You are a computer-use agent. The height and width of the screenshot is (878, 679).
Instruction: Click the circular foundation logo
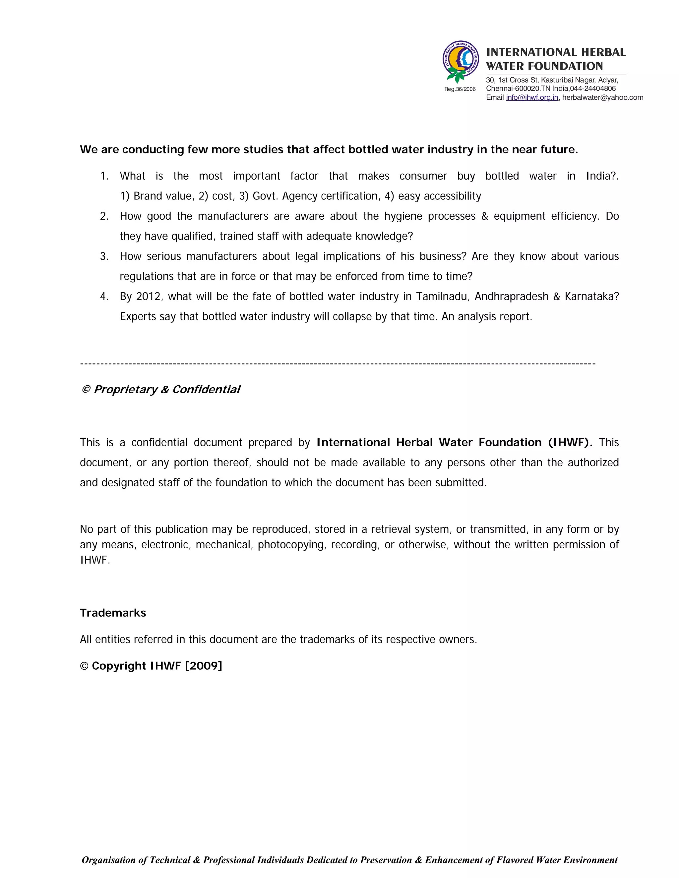(461, 60)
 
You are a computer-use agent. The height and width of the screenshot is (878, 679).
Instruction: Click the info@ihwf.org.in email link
(532, 98)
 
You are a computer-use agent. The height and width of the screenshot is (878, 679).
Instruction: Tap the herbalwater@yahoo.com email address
(602, 98)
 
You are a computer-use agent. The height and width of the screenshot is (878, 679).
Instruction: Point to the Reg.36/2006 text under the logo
(460, 89)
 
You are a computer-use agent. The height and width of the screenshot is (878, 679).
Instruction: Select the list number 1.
(104, 176)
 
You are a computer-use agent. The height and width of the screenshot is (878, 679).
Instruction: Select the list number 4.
(104, 297)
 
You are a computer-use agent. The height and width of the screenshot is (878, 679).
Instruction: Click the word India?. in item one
(602, 176)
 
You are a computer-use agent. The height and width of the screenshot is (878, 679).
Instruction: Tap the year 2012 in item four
(149, 297)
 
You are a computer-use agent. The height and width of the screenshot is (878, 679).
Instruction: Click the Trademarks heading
(113, 613)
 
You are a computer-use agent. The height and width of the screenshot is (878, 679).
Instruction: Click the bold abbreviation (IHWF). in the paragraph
(570, 443)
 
